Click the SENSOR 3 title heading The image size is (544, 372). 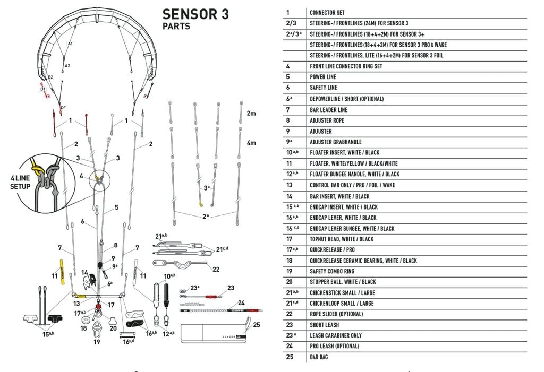click(x=195, y=14)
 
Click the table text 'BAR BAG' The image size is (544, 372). click(x=319, y=357)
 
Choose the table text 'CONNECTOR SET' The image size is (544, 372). click(x=328, y=12)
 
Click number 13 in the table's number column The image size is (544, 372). click(x=290, y=185)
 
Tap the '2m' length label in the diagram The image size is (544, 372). click(x=251, y=114)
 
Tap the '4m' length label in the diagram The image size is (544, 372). click(x=251, y=143)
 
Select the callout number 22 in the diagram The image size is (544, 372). click(x=216, y=270)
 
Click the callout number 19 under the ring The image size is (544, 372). click(x=97, y=342)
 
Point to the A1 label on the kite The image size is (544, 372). click(x=70, y=44)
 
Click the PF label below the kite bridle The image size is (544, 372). click(x=63, y=108)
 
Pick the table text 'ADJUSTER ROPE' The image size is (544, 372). click(x=327, y=120)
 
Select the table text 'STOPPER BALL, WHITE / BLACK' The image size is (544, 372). click(x=343, y=282)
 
